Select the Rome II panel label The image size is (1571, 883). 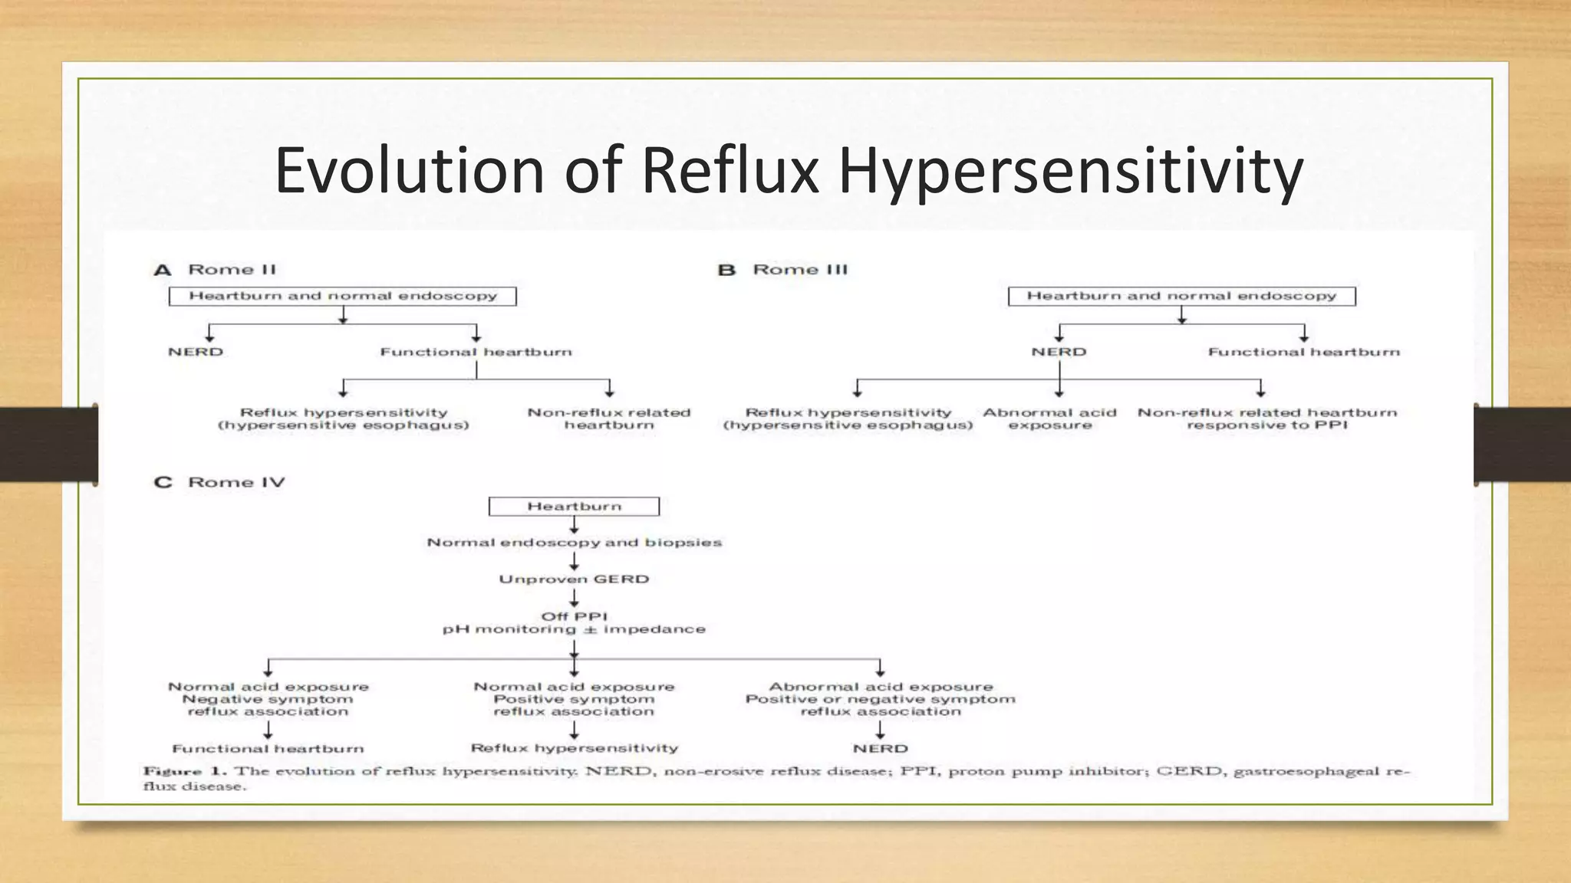coord(231,270)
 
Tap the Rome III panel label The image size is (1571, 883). coord(799,270)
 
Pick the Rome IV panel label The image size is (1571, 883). coord(235,482)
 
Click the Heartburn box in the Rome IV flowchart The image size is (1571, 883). coord(574,507)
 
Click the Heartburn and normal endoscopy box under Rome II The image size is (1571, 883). coord(342,296)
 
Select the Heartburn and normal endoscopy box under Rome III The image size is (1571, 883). coord(1181,296)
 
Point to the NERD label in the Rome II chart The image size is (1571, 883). coord(196,352)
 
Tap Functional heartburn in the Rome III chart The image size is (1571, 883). coord(1303,352)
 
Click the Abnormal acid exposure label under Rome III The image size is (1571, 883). coord(1049,419)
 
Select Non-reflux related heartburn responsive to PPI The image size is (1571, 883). coord(1266,419)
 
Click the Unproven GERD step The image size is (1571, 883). coord(574,579)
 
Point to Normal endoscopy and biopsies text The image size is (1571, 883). coord(574,543)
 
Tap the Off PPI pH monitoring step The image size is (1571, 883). coord(574,622)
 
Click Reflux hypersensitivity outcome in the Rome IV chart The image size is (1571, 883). coord(574,748)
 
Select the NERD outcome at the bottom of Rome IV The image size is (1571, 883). coord(880,748)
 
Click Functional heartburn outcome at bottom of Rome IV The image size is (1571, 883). coord(268,749)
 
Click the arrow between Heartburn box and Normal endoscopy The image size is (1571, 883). coord(574,525)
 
